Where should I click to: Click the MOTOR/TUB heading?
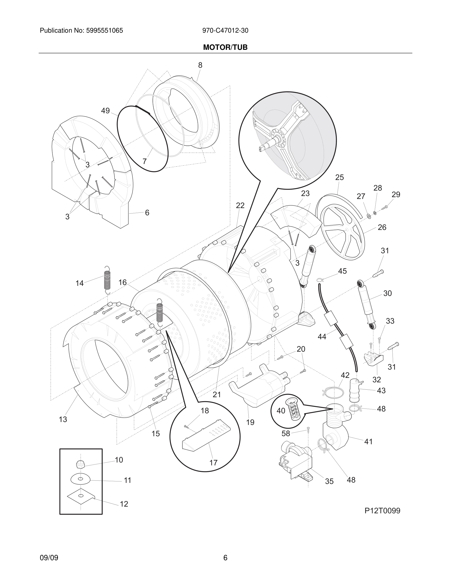coord(225,48)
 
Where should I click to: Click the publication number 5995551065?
coord(104,31)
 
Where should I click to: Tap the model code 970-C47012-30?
coord(225,31)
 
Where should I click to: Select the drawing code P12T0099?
coord(382,511)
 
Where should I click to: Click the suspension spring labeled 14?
coord(107,280)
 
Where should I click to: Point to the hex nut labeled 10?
coord(80,465)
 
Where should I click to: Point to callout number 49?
coord(105,110)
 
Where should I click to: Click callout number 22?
coord(240,205)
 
